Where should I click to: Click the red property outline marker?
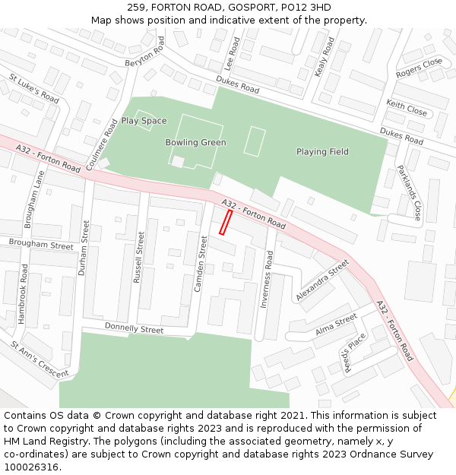click(x=226, y=222)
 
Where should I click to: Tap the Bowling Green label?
click(x=195, y=142)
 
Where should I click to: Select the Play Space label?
click(x=144, y=121)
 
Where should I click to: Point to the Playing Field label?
click(x=322, y=152)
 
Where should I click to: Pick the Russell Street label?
click(x=139, y=258)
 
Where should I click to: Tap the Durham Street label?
click(x=84, y=248)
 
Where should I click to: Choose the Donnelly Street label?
click(x=134, y=328)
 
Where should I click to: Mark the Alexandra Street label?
click(x=322, y=279)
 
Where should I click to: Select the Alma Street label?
click(x=336, y=325)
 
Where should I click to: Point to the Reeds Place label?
click(x=355, y=352)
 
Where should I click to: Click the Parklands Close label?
click(x=410, y=193)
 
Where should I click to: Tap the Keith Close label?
click(x=407, y=107)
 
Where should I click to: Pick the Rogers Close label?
click(x=419, y=68)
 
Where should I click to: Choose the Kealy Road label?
click(x=325, y=57)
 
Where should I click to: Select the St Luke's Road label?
click(x=34, y=88)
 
